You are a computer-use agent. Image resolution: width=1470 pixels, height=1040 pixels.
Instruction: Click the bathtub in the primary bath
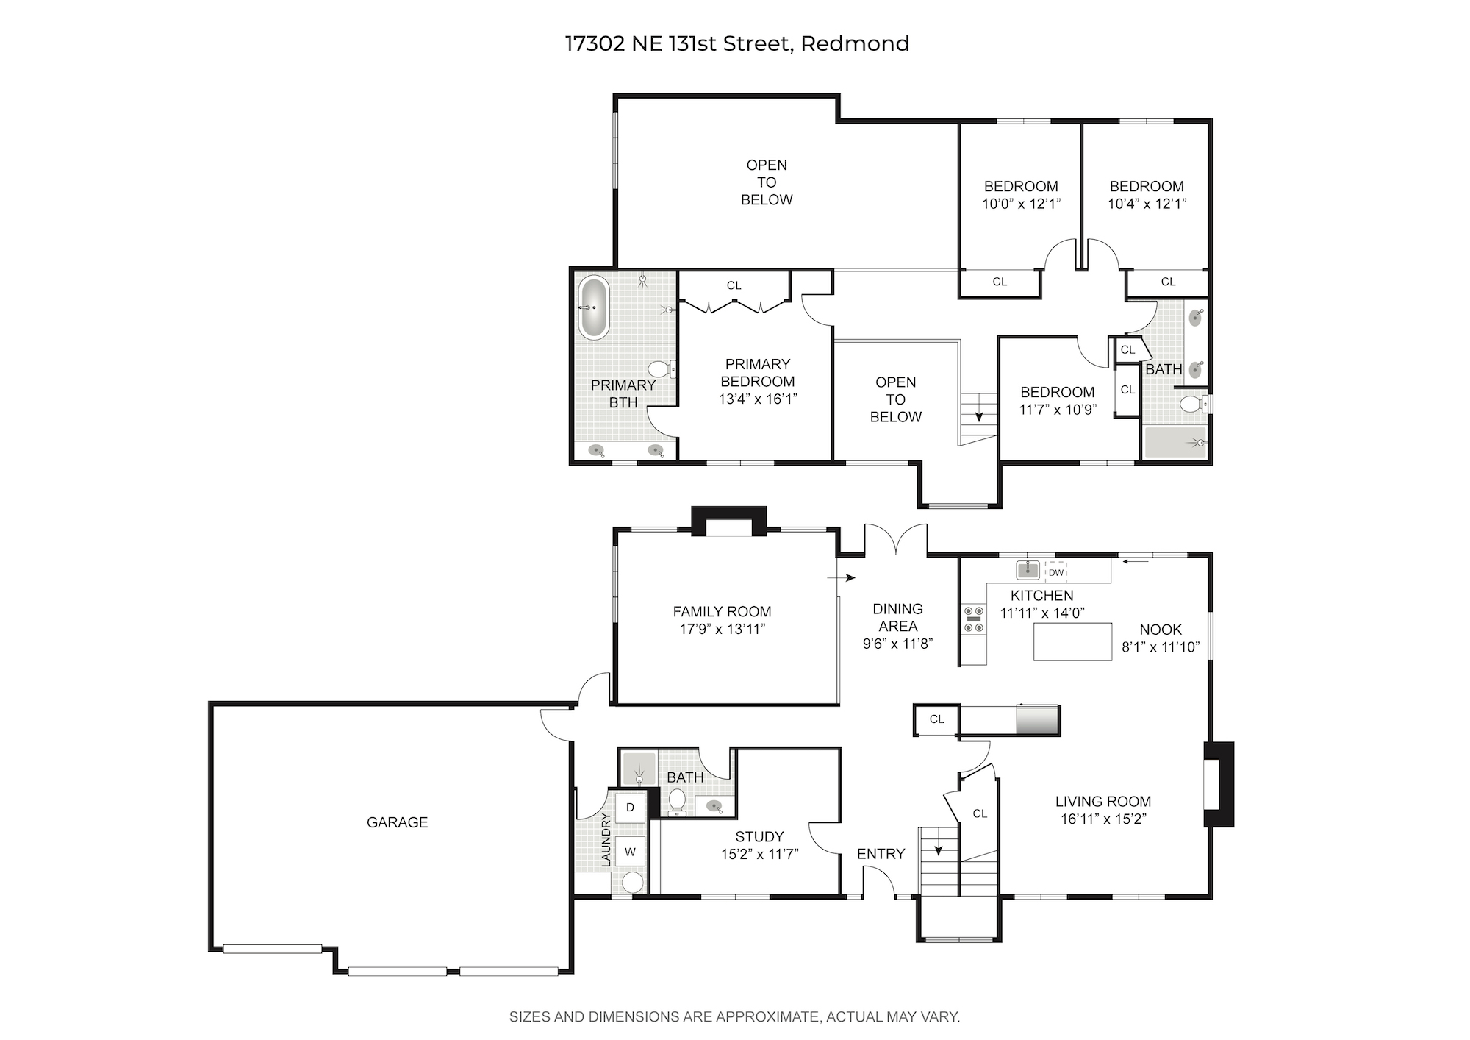coord(593,307)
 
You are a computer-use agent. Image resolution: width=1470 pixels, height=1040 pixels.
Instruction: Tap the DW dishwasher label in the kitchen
coord(1055,572)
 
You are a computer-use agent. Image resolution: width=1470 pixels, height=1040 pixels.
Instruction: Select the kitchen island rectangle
coord(1072,641)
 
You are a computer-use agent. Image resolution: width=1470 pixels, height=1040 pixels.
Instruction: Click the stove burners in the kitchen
coord(974,619)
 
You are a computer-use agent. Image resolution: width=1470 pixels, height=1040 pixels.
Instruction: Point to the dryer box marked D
coord(630,808)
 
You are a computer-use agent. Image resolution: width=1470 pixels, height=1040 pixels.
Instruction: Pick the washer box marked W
coord(630,852)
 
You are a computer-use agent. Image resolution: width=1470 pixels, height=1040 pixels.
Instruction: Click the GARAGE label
coord(397,822)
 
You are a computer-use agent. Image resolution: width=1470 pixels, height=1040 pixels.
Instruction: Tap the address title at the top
coord(737,43)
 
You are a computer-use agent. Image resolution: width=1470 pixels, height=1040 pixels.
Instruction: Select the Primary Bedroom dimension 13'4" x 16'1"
coord(758,399)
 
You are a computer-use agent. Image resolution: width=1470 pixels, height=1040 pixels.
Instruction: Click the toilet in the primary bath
coord(662,368)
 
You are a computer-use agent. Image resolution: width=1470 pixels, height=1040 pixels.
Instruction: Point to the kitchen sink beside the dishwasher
coord(1028,569)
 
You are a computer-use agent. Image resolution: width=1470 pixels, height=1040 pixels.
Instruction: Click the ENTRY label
coord(881,854)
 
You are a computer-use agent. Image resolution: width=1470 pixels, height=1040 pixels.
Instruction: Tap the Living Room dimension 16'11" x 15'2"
coord(1103,819)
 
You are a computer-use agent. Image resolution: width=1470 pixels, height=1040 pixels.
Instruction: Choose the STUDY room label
coord(759,837)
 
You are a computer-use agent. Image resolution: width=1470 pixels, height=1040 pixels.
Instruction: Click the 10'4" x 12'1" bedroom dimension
coord(1147,204)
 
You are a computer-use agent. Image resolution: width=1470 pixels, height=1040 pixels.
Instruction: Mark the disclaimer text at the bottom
coord(735,1017)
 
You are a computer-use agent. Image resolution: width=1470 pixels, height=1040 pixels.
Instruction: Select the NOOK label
coord(1161,630)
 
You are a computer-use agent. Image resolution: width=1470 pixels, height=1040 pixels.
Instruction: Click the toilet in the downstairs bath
coord(677,801)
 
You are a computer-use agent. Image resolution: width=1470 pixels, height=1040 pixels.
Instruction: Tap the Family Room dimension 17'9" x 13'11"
coord(723,629)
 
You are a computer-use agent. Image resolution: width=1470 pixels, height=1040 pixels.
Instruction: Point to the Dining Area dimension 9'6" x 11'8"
coord(897,644)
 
